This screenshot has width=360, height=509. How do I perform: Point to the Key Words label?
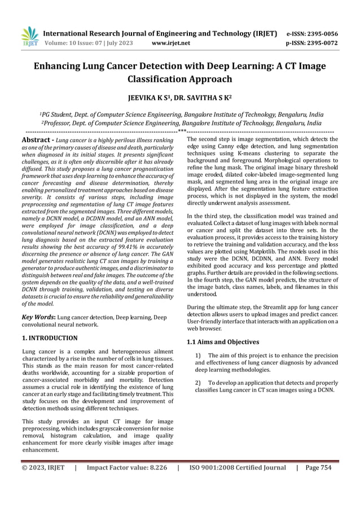click(38, 317)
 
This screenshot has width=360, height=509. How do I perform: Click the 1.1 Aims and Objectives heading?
click(222, 342)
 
